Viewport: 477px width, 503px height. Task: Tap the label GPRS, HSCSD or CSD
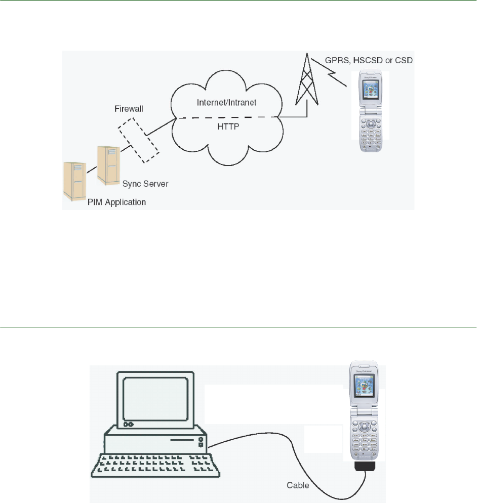click(x=369, y=61)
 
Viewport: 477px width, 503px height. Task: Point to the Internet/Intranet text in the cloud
click(x=227, y=102)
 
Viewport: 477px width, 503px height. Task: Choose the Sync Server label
click(x=145, y=184)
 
